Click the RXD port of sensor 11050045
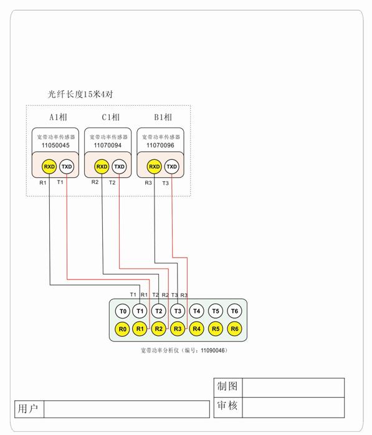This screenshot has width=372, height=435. (x=49, y=167)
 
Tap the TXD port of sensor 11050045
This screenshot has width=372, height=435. (x=67, y=167)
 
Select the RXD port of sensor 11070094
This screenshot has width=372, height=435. (x=101, y=167)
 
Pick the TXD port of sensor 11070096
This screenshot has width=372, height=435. (x=172, y=167)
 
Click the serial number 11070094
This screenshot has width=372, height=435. (x=108, y=145)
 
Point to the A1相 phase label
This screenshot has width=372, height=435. (x=59, y=117)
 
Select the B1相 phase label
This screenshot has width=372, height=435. (x=163, y=117)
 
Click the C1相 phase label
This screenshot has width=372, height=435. (x=110, y=117)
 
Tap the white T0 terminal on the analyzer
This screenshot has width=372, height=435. (x=123, y=311)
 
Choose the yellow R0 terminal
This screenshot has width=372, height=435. (x=123, y=329)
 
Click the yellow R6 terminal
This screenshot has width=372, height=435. (x=234, y=329)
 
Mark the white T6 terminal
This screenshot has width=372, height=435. (x=234, y=311)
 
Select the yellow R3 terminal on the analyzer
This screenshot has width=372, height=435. (x=178, y=329)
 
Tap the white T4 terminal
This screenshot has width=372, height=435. (x=197, y=311)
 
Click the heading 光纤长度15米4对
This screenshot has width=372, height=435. (x=80, y=95)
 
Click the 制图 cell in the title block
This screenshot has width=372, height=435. (x=227, y=386)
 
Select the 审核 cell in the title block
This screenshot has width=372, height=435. (x=227, y=406)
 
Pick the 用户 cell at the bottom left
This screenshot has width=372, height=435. (x=28, y=409)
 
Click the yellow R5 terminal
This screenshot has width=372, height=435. (x=216, y=329)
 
